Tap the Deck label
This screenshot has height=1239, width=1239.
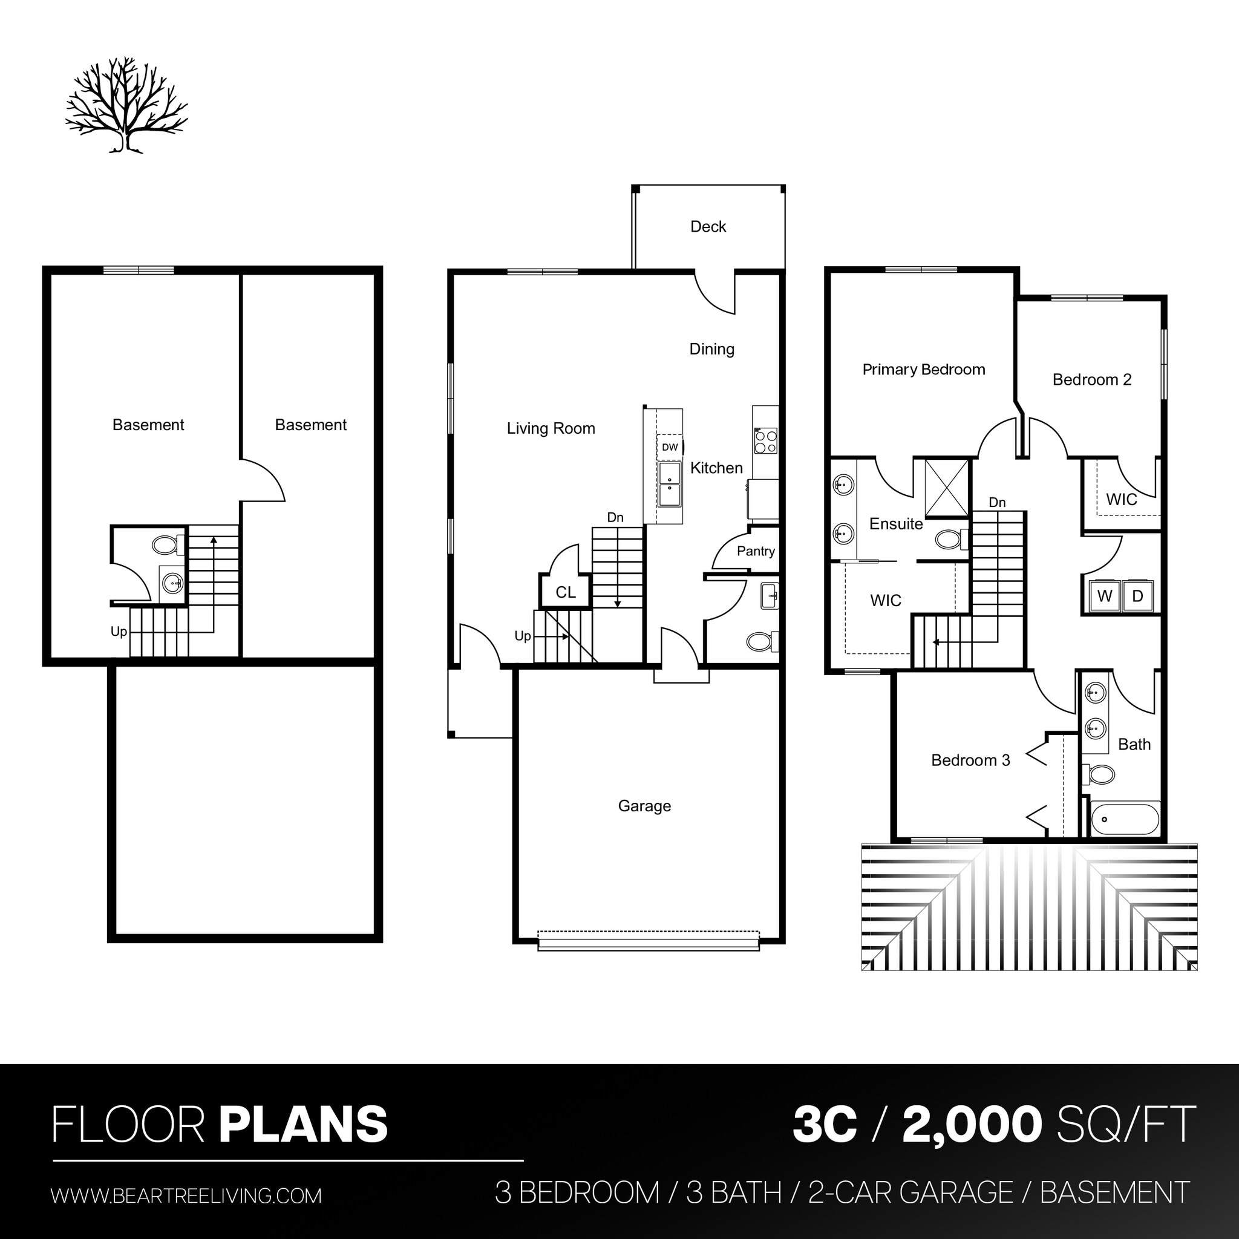[x=708, y=226]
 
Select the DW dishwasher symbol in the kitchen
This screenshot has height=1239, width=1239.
[x=670, y=447]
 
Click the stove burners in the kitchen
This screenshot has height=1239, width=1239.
[x=766, y=441]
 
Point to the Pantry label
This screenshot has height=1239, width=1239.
[x=756, y=551]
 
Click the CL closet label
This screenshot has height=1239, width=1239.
[x=565, y=592]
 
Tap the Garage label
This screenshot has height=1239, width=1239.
[x=644, y=805]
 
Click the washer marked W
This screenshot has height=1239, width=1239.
[x=1104, y=597]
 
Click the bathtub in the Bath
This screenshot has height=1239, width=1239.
[x=1125, y=819]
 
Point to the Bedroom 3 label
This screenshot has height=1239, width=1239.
[x=970, y=760]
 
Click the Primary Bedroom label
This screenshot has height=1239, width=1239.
[x=923, y=370]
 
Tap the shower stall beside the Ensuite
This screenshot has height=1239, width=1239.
[x=947, y=488]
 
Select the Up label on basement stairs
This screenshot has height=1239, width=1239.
[x=119, y=632]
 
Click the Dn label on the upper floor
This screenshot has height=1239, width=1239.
[x=997, y=502]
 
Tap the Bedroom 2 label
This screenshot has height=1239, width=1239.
[x=1091, y=380]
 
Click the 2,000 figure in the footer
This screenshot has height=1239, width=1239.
[x=972, y=1124]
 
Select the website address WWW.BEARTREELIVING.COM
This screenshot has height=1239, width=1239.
[x=186, y=1196]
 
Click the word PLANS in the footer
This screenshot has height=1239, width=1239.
[x=303, y=1124]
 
